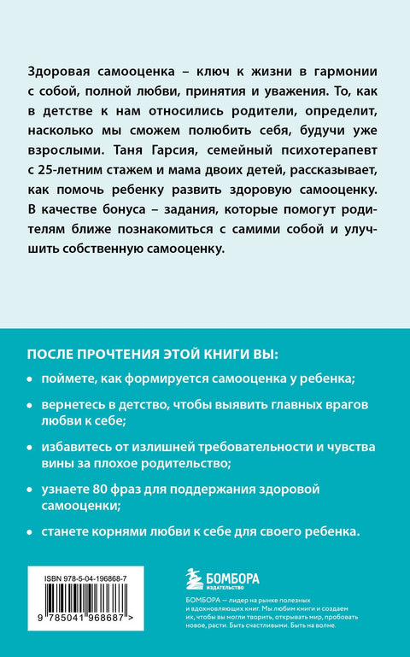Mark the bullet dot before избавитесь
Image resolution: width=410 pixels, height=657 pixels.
(32, 448)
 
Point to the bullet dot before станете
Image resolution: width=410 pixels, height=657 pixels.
(32, 531)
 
